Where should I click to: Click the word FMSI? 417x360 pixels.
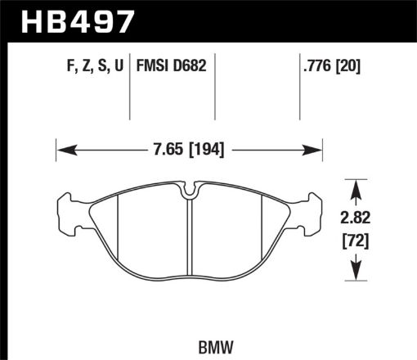156,65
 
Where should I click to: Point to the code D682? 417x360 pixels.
193,65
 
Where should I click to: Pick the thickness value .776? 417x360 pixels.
314,65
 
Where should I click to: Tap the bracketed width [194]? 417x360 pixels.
203,150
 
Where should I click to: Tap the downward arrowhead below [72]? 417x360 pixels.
356,272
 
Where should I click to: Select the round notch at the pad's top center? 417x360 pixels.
190,193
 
